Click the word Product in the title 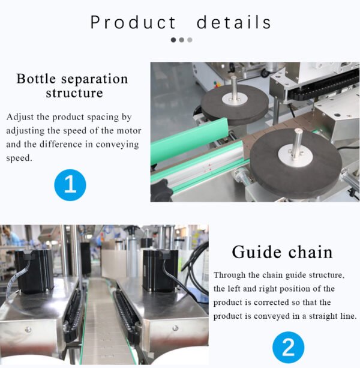133,22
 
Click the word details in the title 234,22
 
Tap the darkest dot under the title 173,40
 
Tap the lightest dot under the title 190,40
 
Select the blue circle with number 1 70,185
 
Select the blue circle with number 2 289,348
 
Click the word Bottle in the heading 37,79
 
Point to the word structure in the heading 74,93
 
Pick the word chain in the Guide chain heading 311,253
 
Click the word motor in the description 129,130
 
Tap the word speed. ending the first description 19,158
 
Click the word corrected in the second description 272,303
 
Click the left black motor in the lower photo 34,271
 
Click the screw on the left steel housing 28,330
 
